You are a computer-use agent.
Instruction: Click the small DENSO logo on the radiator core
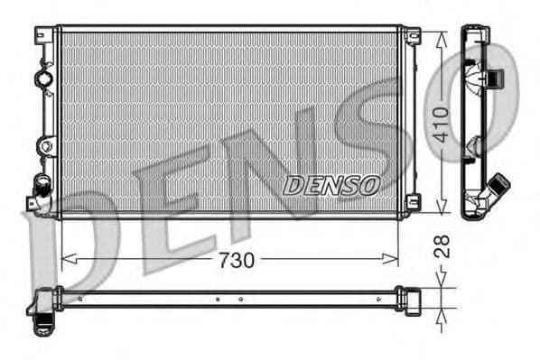[331, 185]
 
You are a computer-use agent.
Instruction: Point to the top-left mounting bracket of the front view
[43, 35]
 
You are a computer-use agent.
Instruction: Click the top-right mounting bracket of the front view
[412, 36]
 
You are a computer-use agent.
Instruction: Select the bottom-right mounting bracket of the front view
[413, 202]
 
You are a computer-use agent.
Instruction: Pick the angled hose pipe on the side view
[495, 191]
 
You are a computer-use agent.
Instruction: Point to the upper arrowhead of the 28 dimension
[441, 282]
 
